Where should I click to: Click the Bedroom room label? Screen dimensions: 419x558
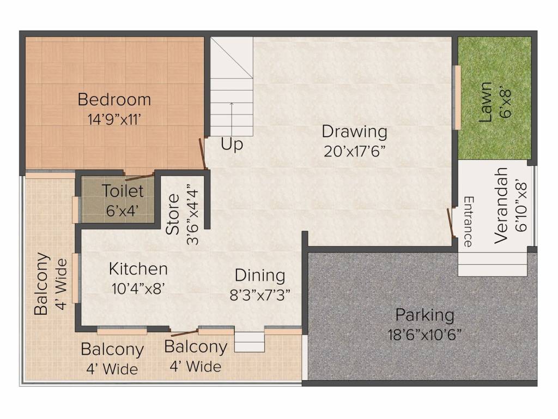[114, 100]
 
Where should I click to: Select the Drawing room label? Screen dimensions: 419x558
[354, 131]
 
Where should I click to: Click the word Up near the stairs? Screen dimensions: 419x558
[232, 145]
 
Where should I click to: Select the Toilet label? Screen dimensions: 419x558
[123, 191]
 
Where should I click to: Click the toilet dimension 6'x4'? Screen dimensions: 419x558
[123, 211]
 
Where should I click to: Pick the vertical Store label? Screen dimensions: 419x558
[173, 214]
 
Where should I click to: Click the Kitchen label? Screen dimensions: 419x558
[138, 269]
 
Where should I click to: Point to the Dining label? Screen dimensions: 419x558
[259, 275]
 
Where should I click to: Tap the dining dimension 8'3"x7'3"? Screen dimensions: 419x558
[259, 295]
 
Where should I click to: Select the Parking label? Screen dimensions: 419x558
[424, 315]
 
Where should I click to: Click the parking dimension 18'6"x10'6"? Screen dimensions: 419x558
[424, 334]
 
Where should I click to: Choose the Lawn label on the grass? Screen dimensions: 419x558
[486, 101]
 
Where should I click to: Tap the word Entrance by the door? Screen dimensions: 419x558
[468, 222]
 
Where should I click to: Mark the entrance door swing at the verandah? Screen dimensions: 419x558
[450, 223]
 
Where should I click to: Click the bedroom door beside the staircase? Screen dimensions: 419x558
[202, 153]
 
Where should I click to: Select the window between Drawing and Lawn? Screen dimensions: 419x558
[458, 98]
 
